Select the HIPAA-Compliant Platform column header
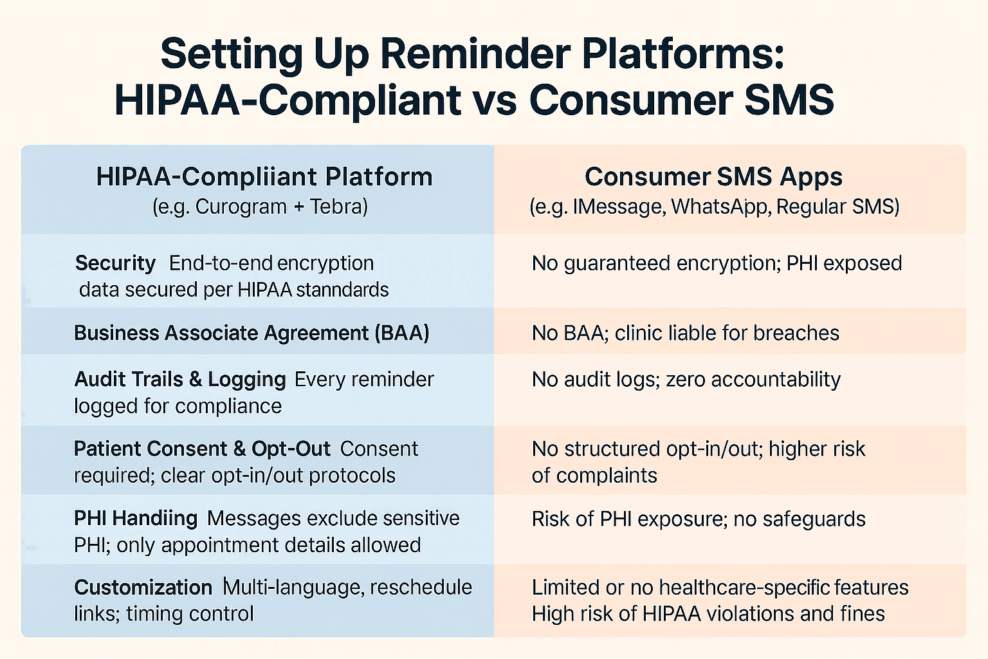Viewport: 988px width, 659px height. click(x=264, y=178)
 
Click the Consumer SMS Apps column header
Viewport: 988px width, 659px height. click(x=713, y=177)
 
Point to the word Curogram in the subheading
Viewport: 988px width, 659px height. click(x=241, y=207)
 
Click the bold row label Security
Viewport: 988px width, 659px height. click(x=115, y=263)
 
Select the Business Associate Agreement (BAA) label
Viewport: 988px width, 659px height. click(x=252, y=333)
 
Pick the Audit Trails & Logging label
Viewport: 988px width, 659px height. click(x=180, y=380)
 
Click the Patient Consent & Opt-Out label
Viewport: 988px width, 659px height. click(x=202, y=449)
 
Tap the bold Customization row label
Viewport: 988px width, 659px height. click(x=143, y=588)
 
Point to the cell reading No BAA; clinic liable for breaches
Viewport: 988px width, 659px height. click(x=686, y=333)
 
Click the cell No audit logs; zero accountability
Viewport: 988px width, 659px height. click(x=686, y=380)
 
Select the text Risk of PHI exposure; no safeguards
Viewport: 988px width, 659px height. click(x=699, y=519)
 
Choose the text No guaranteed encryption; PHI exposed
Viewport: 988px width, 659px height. click(x=717, y=263)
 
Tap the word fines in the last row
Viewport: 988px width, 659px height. click(x=861, y=614)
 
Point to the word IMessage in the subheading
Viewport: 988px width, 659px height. click(x=619, y=207)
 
